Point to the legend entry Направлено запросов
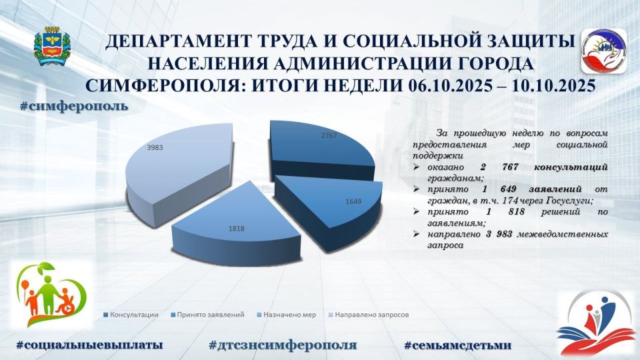click(371, 314)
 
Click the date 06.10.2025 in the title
click(443, 87)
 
